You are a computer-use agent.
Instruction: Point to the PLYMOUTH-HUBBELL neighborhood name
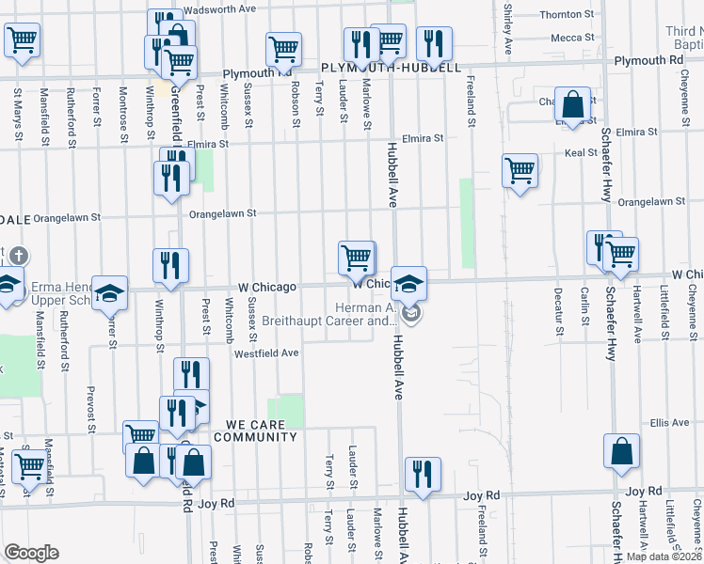[x=391, y=69]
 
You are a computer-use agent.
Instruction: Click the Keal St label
[x=581, y=152]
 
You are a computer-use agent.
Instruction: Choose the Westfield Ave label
[x=266, y=353]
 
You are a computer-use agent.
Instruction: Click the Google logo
[x=31, y=553]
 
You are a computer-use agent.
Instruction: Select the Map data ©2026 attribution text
[x=663, y=556]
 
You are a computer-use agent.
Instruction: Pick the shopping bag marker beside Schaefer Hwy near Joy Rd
[x=622, y=451]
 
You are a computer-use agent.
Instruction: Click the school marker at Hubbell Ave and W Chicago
[x=408, y=283]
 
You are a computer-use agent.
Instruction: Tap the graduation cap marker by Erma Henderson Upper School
[x=110, y=292]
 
